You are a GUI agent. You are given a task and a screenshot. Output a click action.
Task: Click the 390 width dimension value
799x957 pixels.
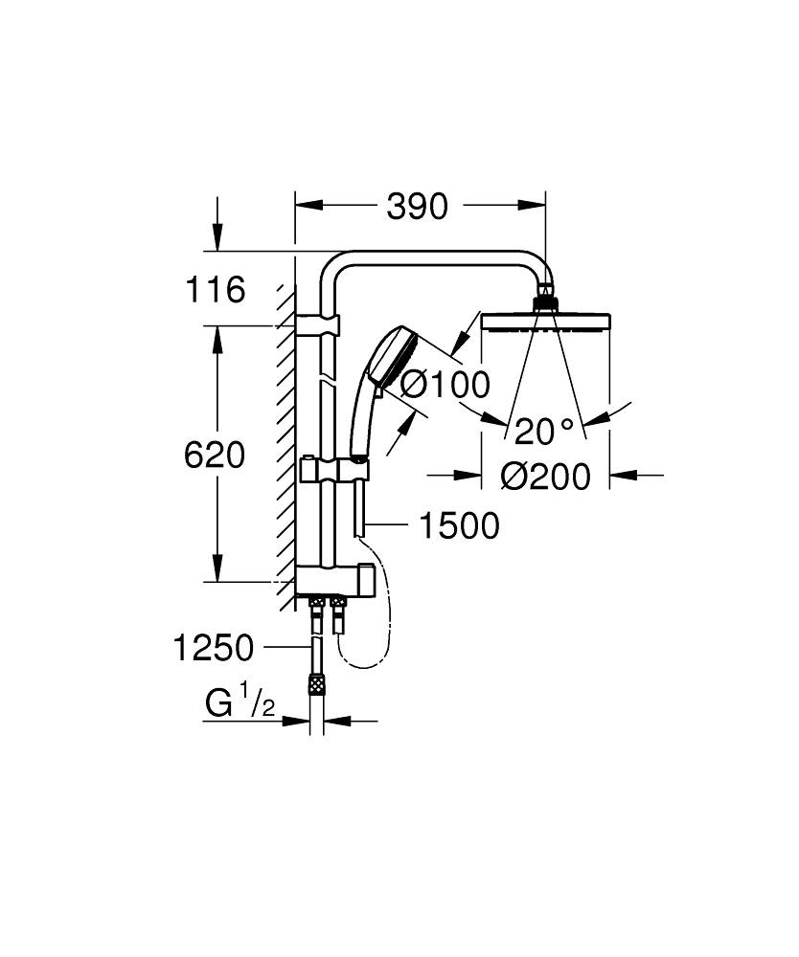[417, 206]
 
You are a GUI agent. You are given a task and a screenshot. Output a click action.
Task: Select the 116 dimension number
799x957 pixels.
[216, 289]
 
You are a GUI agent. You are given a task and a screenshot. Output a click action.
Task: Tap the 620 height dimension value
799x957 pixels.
[215, 455]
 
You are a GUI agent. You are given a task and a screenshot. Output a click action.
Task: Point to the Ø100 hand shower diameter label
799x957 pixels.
[444, 385]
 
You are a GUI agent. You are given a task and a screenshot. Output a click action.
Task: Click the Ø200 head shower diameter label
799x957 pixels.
[545, 476]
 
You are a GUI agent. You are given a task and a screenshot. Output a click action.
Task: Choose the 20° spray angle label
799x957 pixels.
[544, 432]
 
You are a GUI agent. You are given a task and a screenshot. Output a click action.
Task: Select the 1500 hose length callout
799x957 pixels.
[458, 525]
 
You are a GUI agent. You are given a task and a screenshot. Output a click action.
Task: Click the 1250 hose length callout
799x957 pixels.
[214, 649]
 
